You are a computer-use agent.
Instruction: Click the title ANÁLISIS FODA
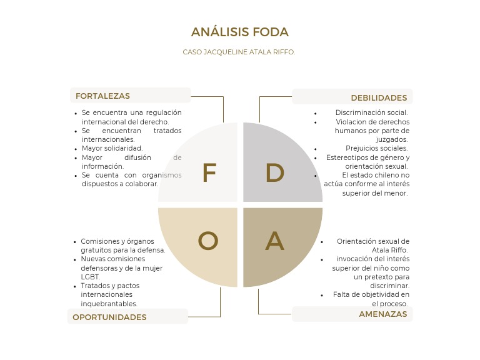[239, 32]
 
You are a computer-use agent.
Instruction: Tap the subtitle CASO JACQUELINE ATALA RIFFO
[239, 52]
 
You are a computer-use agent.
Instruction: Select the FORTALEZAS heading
[102, 96]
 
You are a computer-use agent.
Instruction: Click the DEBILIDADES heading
[379, 97]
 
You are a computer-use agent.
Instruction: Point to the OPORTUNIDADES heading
[109, 317]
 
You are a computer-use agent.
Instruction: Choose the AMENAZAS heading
[382, 314]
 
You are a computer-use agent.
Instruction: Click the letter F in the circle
[209, 173]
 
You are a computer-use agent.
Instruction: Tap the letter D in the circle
[275, 173]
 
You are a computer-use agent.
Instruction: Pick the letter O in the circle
[208, 241]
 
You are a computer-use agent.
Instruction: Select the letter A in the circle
[275, 241]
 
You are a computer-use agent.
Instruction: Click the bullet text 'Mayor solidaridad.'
[112, 148]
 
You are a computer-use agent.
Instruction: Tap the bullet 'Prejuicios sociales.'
[377, 148]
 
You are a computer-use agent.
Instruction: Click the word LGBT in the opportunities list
[90, 276]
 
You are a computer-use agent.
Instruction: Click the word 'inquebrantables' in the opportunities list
[109, 303]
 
